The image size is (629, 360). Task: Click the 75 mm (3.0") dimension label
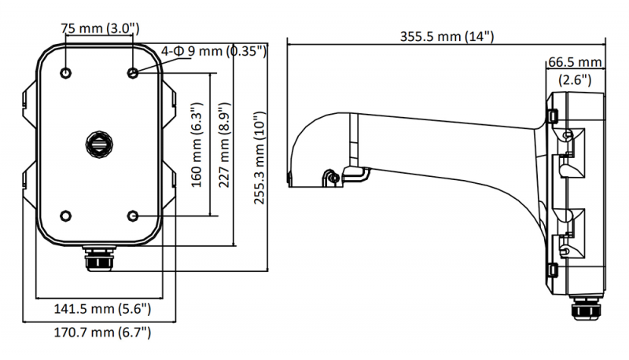[100, 28]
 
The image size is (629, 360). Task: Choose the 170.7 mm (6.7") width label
[101, 333]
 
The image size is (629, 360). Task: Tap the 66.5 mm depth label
[575, 61]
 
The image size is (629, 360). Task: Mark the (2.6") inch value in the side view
[575, 79]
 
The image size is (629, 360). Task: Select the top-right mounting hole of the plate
[133, 73]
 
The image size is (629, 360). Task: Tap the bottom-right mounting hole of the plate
[133, 215]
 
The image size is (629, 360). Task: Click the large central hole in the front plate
[100, 145]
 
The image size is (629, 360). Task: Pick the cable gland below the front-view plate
[100, 259]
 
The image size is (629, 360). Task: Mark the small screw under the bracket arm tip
[334, 177]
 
